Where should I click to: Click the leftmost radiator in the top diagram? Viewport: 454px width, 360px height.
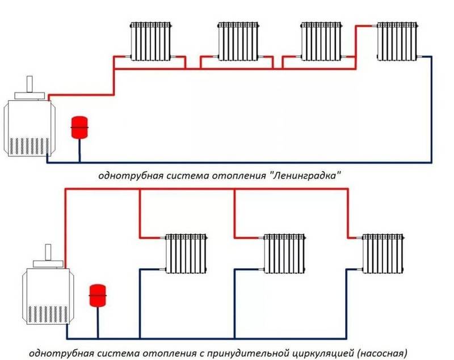pos(151,40)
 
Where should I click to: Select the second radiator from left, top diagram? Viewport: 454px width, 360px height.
pos(238,40)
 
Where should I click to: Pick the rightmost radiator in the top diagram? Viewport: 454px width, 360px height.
pos(397,40)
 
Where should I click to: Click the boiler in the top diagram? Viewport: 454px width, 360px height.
pos(30,128)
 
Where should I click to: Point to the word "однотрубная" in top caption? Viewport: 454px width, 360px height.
pos(124,176)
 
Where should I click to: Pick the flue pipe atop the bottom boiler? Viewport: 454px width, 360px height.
pos(48,252)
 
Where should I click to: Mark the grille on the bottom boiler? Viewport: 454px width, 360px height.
pos(45,314)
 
